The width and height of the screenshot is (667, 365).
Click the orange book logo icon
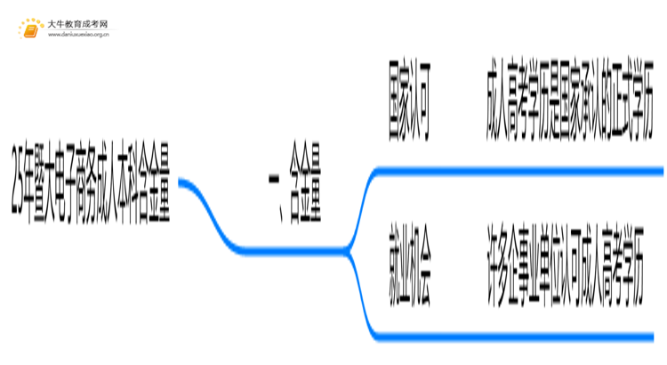pyautogui.click(x=30, y=29)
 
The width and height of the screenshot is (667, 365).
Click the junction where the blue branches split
pyautogui.click(x=351, y=252)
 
